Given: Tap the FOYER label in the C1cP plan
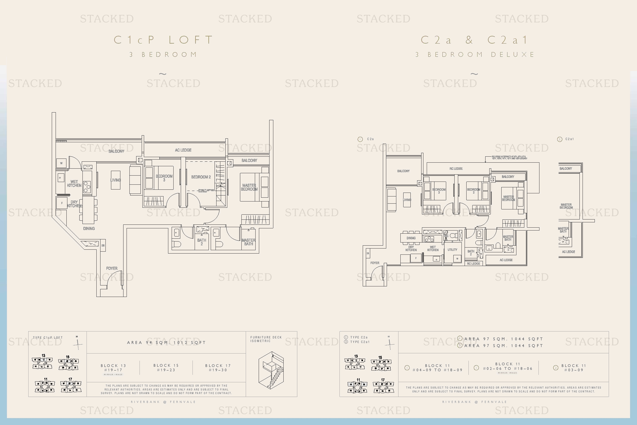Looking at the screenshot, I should tap(112, 268).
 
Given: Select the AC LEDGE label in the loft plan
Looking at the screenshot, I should tap(183, 150).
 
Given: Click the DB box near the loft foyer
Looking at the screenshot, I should tap(103, 246).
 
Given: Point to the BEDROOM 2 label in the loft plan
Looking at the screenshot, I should tap(201, 177).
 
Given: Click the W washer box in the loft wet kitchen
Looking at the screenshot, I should tap(61, 163).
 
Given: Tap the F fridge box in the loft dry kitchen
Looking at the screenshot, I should tap(62, 203).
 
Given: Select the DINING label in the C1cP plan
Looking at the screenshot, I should tap(89, 229).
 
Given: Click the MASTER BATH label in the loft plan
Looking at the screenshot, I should tap(248, 242).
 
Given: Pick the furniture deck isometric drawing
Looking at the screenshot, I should tap(271, 370).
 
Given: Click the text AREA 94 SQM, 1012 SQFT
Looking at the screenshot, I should tap(166, 342).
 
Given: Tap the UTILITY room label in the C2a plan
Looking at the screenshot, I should tap(452, 250).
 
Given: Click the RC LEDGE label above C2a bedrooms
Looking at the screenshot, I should tap(456, 169).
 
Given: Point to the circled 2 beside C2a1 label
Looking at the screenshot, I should tap(560, 139).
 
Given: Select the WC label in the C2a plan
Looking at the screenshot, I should tap(446, 236).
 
